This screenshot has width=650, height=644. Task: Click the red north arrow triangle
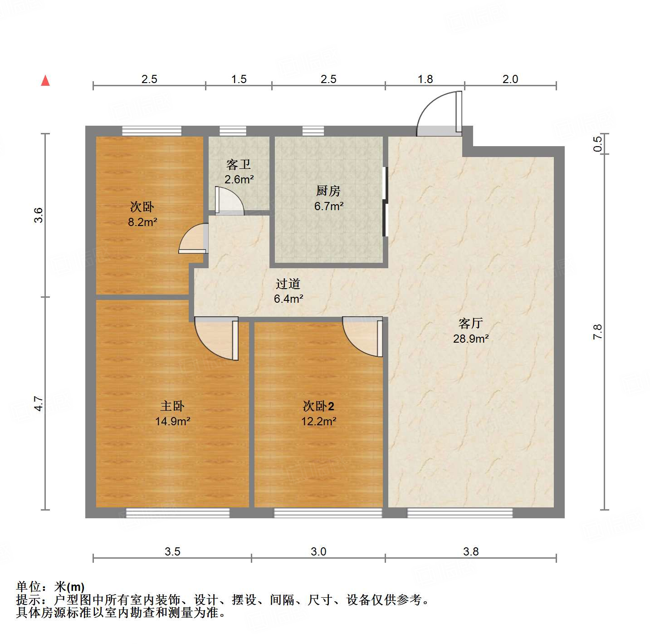(x=45, y=80)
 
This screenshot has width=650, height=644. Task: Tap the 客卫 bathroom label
(x=239, y=164)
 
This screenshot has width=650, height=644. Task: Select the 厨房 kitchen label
(x=328, y=191)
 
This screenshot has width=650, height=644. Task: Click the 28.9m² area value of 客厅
(x=471, y=339)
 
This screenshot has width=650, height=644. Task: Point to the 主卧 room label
(x=172, y=406)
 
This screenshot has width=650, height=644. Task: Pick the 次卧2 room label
(x=318, y=406)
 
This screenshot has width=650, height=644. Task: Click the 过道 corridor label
(x=288, y=284)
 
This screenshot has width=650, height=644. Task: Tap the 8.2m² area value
(x=142, y=222)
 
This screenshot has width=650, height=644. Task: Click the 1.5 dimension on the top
(x=239, y=79)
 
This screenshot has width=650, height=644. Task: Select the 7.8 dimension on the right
(x=598, y=332)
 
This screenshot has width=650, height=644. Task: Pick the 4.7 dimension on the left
(x=39, y=403)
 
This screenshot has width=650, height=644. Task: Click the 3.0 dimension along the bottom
(x=318, y=551)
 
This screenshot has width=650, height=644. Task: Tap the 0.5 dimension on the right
(x=598, y=144)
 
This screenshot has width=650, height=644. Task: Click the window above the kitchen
(x=313, y=131)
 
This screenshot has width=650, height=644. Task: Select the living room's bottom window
(x=459, y=513)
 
